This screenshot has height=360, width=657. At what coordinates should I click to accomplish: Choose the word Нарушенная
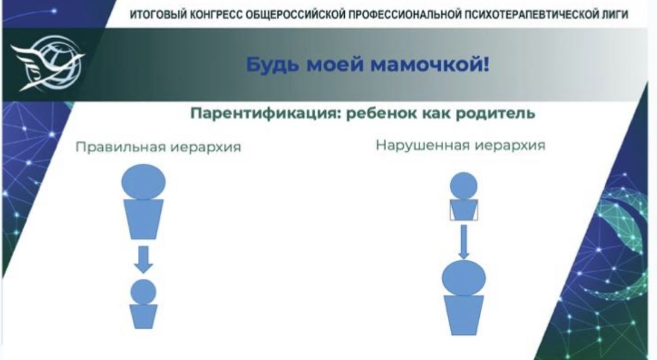coord(422,145)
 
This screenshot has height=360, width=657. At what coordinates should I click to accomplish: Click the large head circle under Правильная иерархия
coord(143,182)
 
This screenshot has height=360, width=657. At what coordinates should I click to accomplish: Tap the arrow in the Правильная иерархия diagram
coord(143,258)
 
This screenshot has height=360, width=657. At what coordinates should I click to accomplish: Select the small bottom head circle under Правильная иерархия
coord(143,291)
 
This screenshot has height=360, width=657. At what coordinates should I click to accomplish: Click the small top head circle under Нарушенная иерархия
coord(463,186)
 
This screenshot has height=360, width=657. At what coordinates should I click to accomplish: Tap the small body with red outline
coord(463,211)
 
